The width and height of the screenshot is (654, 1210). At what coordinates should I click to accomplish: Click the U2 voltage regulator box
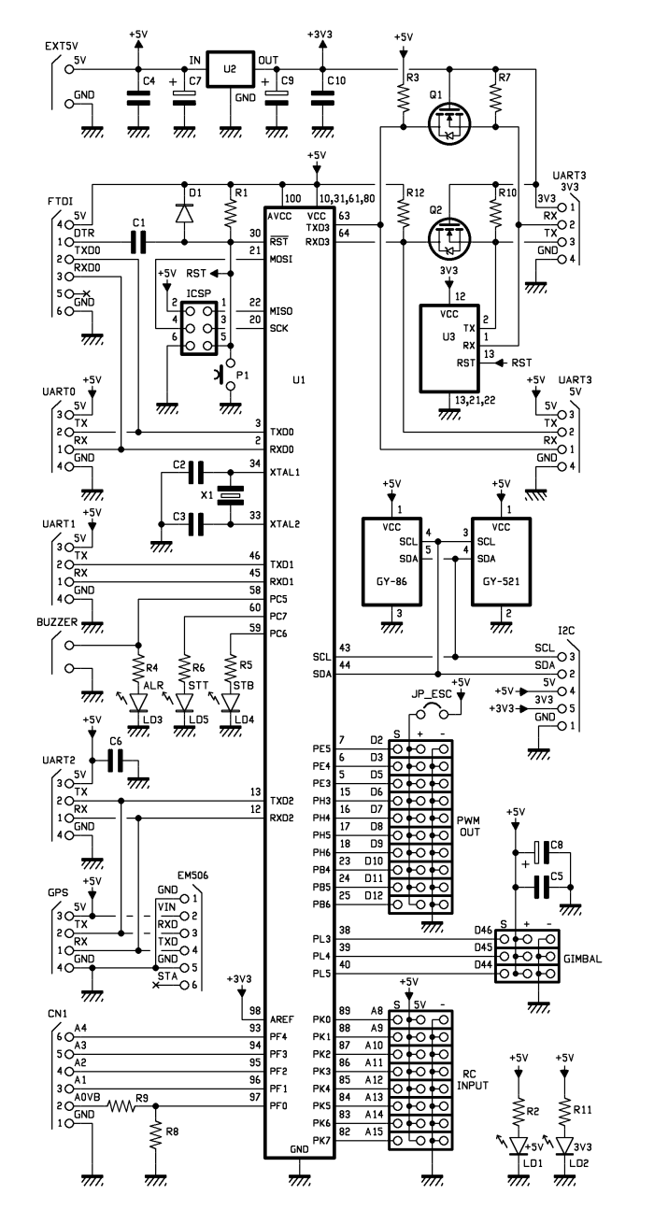pyautogui.click(x=228, y=71)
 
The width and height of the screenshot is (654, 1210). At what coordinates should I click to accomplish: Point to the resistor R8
pyautogui.click(x=155, y=1135)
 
